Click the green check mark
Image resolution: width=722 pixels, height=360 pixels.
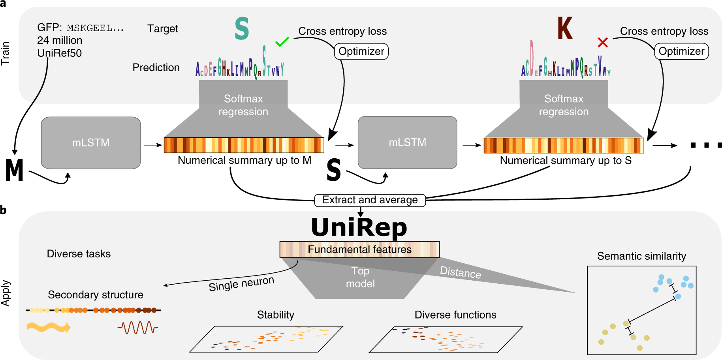[x=282, y=41]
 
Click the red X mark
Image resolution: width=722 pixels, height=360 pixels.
[x=602, y=42]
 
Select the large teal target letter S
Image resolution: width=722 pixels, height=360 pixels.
[x=242, y=29]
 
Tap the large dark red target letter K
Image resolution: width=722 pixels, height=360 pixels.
[x=564, y=28]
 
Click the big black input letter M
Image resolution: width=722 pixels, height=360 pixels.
[x=15, y=171]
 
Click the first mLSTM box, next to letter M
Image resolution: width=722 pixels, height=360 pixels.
[x=91, y=142]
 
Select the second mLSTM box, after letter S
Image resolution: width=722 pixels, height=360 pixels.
[x=407, y=142]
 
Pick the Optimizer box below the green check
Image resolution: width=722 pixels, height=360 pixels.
[x=361, y=51]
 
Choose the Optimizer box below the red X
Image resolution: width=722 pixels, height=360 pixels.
[x=681, y=51]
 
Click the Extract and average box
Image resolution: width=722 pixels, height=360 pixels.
[x=370, y=200]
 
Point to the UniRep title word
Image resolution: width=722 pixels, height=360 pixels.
[x=359, y=228]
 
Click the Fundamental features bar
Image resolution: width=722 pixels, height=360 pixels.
[x=359, y=249]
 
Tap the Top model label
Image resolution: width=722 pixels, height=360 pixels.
[x=360, y=277]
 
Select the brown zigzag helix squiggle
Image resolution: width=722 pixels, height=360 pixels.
[x=137, y=327]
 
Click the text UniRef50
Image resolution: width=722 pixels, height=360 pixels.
[x=59, y=53]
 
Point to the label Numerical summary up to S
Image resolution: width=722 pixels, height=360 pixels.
[x=566, y=161]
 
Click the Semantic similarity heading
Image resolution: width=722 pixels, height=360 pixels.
[x=641, y=256]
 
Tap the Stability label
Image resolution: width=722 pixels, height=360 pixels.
[x=275, y=315]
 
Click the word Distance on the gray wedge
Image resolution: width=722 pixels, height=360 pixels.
[x=461, y=272]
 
